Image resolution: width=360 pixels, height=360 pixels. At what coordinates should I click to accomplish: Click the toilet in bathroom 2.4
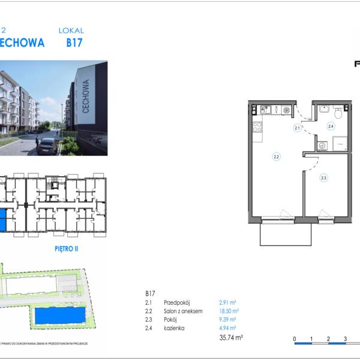pos(338,112)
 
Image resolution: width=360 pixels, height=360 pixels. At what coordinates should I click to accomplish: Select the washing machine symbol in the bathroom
pos(322,145)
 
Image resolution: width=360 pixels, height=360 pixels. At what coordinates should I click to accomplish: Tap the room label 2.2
pos(277,157)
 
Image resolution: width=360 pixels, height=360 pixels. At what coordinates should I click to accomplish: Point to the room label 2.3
pos(323,177)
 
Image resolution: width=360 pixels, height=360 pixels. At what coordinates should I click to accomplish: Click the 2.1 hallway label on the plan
pos(297,128)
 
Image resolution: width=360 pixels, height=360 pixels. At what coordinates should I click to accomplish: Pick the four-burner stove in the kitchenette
pos(257,127)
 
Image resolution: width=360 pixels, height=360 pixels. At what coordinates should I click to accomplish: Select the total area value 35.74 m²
pos(231,338)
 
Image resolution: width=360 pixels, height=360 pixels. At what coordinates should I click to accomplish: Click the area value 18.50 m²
pos(229,311)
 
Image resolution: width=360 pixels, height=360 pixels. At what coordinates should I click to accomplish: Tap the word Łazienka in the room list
pos(174,328)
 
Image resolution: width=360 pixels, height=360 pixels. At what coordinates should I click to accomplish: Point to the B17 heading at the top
pos(74,43)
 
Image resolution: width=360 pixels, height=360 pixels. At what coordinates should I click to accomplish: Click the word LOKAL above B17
pos(71,30)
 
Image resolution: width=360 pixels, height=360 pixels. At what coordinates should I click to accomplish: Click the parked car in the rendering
pos(47,145)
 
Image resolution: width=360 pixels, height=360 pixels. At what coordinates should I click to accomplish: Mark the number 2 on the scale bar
pos(328,339)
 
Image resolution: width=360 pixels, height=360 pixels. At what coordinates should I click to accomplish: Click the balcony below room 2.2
pos(286,232)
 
